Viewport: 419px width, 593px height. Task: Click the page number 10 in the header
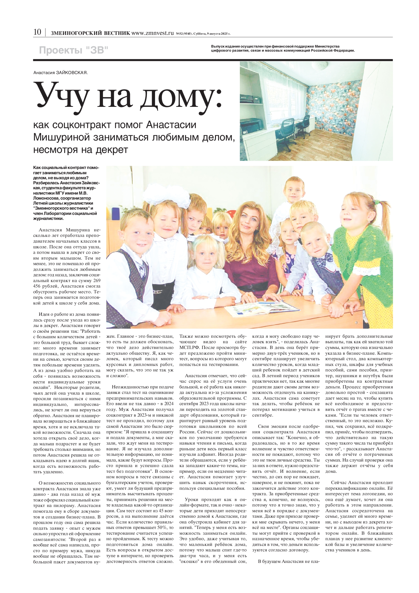[37, 32]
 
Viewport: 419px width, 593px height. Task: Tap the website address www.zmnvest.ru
[152, 33]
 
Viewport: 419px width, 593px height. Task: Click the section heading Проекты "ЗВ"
[74, 50]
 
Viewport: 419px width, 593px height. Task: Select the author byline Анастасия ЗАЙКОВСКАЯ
[60, 73]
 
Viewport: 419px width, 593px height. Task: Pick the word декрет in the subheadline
[112, 150]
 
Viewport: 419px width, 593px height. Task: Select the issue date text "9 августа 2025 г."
[218, 33]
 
